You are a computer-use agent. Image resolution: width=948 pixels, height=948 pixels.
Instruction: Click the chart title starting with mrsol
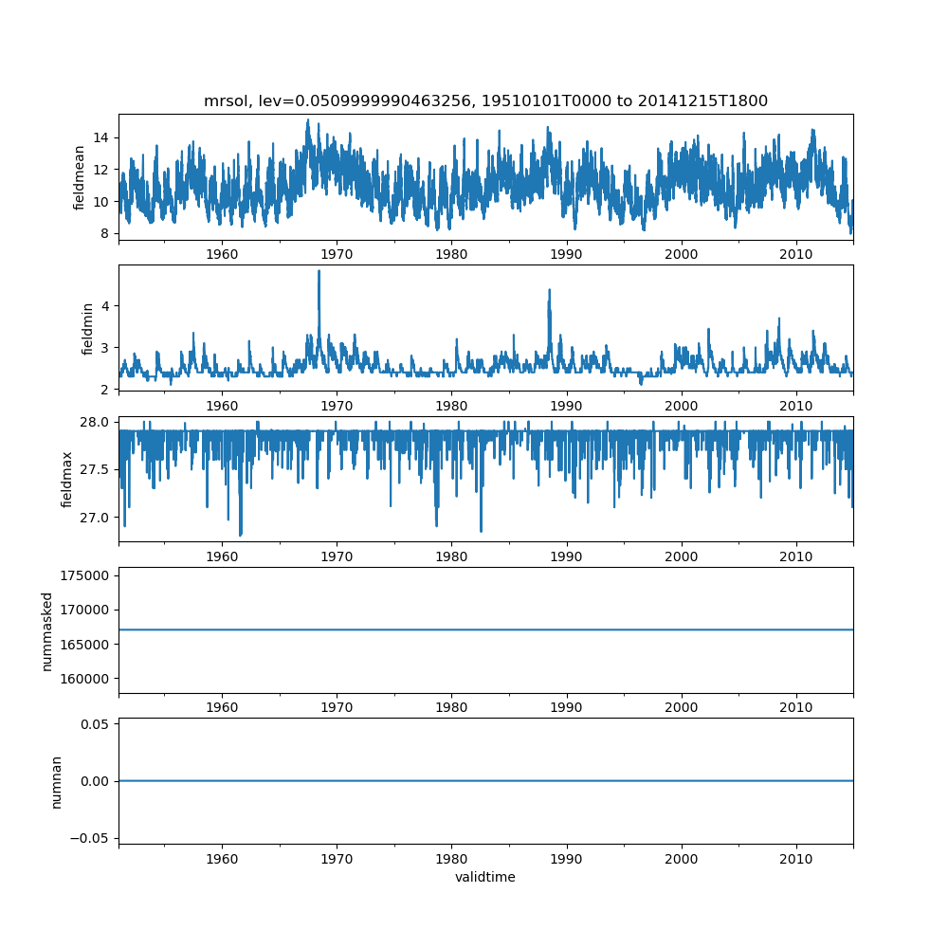pos(485,100)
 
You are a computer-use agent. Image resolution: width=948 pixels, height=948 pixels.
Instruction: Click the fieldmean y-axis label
pos(80,177)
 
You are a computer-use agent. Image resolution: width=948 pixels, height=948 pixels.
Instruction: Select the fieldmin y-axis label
pos(87,328)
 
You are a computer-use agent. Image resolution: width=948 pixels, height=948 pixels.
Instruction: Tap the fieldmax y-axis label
pos(66,479)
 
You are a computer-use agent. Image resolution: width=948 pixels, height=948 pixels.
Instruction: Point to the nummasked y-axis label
pos(46,629)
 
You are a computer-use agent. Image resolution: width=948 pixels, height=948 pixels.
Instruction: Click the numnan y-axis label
pos(56,781)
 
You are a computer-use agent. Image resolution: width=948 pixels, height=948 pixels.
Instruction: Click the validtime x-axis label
pos(485,877)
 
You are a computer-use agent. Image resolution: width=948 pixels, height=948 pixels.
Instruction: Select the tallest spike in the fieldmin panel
pos(319,272)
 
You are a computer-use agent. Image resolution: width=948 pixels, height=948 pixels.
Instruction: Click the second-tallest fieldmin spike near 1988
pos(549,290)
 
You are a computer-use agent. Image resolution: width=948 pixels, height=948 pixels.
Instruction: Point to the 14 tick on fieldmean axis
pos(100,137)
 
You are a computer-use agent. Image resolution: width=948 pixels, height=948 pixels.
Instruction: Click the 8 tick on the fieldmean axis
pos(103,233)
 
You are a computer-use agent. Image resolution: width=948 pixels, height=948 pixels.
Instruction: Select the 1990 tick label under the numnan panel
pos(567,858)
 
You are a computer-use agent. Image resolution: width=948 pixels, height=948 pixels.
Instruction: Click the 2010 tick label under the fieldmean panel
pos(796,254)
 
